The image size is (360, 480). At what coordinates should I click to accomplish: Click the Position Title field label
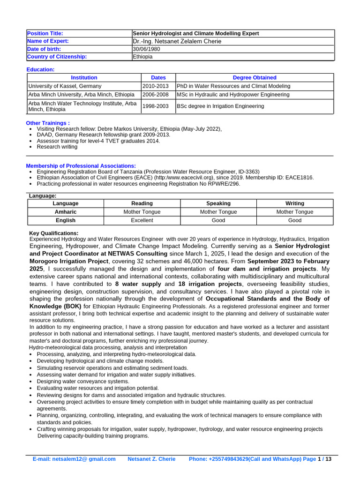pos(45,33)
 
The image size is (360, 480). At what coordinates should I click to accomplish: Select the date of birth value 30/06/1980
pos(146,49)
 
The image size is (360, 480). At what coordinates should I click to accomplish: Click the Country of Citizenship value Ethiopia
pos(143,57)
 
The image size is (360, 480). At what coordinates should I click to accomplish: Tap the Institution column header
pos(84,77)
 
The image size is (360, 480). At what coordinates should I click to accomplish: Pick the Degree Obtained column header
pos(255,77)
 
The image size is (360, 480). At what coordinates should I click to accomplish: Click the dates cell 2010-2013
pos(155,86)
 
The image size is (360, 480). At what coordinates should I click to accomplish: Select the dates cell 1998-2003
pos(155,106)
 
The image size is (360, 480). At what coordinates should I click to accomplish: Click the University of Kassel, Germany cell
pos(65,86)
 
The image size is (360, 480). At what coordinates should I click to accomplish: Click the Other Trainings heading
pos(48,123)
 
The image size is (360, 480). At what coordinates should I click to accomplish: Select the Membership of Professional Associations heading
pos(81,166)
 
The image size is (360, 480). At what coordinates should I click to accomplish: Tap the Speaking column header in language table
pos(218,203)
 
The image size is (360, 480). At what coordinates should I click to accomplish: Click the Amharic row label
pos(66,212)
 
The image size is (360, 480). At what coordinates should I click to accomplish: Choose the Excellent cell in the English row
pos(142,220)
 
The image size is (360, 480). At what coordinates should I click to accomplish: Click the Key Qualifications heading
pos(54,233)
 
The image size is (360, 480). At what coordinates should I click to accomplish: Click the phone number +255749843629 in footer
pos(228,459)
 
